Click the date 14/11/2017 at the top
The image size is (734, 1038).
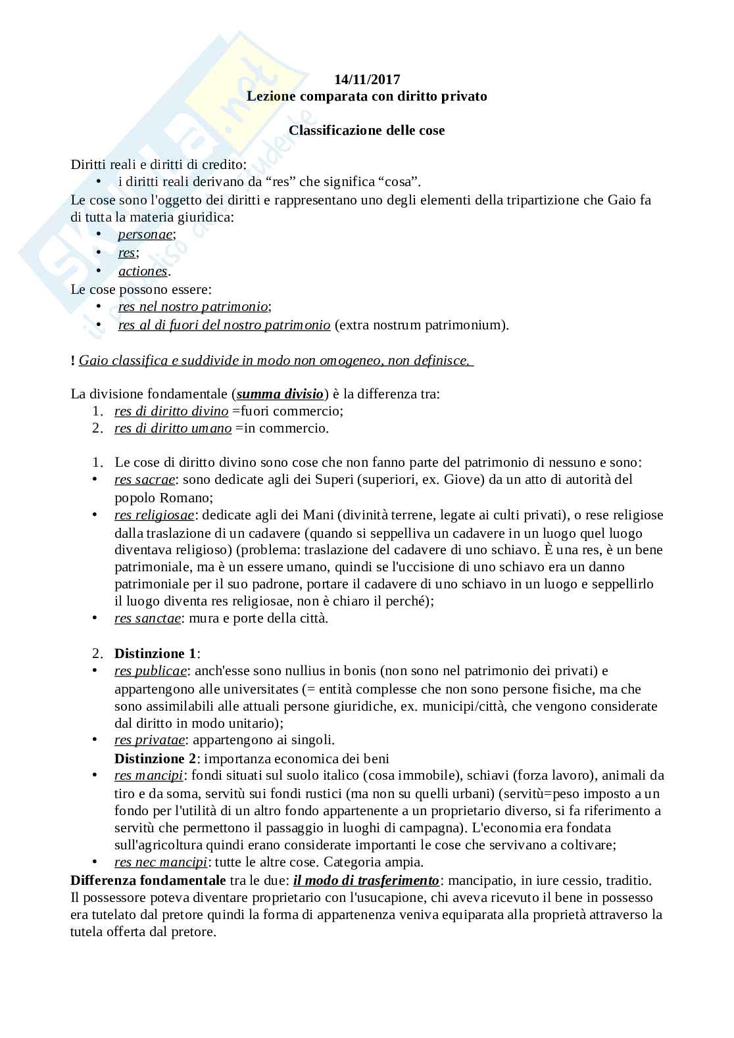(x=367, y=80)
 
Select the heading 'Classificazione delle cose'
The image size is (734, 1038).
(x=367, y=130)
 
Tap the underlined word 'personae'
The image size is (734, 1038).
(x=145, y=235)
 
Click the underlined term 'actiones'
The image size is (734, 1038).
(x=143, y=271)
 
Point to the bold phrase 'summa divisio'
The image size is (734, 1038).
(x=280, y=394)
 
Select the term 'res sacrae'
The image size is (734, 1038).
(x=145, y=479)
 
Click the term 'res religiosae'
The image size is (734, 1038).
(x=154, y=515)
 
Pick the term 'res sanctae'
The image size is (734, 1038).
(x=147, y=618)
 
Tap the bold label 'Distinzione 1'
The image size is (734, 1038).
(x=155, y=653)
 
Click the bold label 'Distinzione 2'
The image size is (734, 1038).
(x=155, y=759)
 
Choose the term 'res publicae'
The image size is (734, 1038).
(x=151, y=671)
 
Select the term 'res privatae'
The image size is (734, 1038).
(x=149, y=740)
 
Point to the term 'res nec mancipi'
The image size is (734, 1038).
(x=161, y=862)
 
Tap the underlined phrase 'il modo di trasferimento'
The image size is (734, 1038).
(x=366, y=880)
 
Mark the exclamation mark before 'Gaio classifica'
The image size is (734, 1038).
(x=72, y=361)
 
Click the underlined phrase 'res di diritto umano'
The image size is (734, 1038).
(x=173, y=428)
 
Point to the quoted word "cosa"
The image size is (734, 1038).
(x=397, y=182)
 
